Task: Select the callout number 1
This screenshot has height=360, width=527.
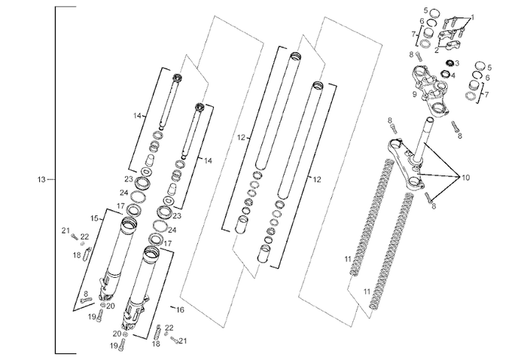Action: [x=473, y=16]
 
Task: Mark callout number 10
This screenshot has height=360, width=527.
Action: [x=466, y=178]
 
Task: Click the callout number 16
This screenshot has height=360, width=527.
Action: [x=181, y=310]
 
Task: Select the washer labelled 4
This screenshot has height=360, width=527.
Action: [x=452, y=75]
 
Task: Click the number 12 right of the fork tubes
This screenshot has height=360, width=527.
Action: [x=317, y=179]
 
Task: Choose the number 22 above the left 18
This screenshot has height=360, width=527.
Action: [x=85, y=236]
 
